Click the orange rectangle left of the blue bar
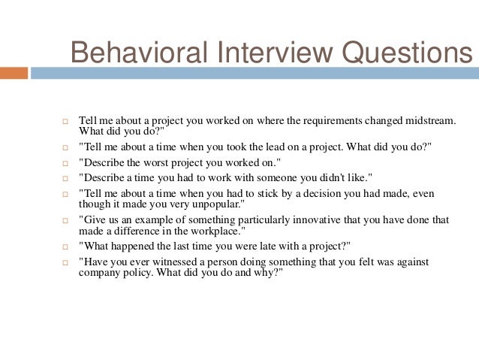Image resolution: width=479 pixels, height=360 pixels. (14, 74)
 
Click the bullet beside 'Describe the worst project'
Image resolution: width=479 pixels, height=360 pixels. (65, 162)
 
